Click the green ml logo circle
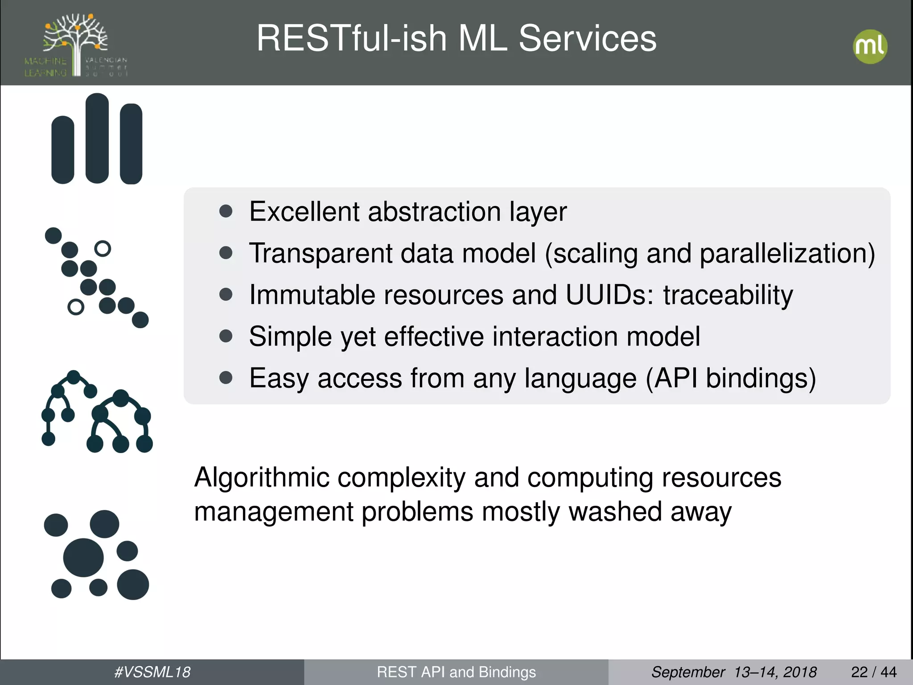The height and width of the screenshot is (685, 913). point(870,46)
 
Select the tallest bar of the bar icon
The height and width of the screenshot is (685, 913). point(97,138)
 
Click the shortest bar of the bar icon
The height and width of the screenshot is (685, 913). point(63,150)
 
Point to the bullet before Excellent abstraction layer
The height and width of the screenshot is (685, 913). point(226,211)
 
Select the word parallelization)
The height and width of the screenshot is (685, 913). point(787,253)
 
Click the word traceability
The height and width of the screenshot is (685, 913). point(728,295)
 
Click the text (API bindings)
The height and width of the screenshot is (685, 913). point(731,378)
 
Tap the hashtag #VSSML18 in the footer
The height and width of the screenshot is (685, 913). point(152,672)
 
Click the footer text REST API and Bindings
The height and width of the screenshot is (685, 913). point(456,672)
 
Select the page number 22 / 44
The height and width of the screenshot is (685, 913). point(873,672)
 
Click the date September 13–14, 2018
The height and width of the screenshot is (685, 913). point(734,672)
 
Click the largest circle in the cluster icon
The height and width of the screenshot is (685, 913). point(83,557)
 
